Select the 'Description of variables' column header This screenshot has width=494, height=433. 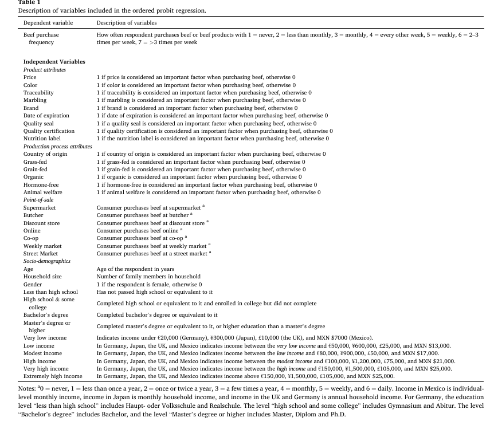click(x=127, y=23)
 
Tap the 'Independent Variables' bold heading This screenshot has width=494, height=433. click(x=54, y=61)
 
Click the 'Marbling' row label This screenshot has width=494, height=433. click(x=34, y=100)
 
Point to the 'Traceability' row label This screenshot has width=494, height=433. click(x=38, y=92)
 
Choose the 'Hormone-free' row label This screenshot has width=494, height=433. click(x=41, y=184)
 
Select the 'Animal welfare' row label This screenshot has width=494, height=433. click(x=43, y=192)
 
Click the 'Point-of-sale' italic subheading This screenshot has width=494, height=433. click(x=38, y=200)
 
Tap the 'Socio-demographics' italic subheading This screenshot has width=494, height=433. click(x=47, y=261)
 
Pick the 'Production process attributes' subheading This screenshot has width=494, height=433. click(x=57, y=146)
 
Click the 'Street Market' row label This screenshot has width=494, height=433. click(x=41, y=254)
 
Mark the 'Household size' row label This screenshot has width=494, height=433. click(x=42, y=277)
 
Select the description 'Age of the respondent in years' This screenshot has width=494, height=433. click(x=135, y=269)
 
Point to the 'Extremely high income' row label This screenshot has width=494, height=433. click(x=53, y=376)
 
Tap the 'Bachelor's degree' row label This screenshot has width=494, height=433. click(x=46, y=315)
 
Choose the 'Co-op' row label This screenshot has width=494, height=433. click(x=31, y=238)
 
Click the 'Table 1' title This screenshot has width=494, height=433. click(x=29, y=3)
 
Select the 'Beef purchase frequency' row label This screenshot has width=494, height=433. click(x=41, y=38)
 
